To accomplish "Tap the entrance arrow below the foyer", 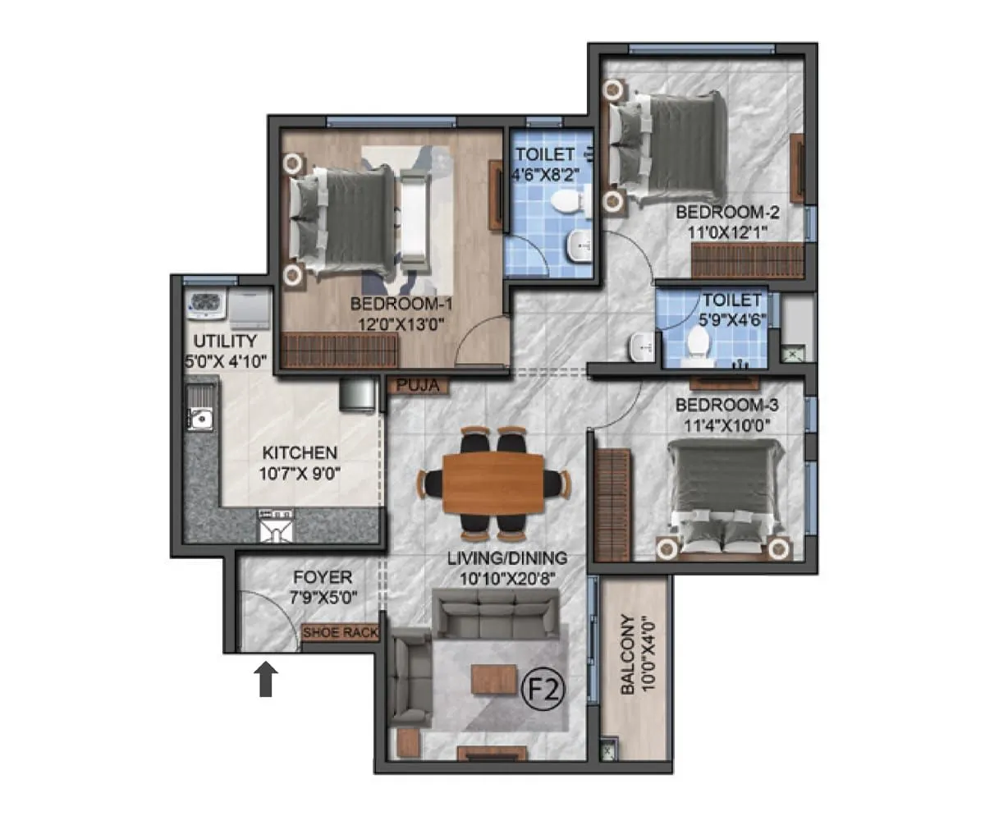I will (266, 681).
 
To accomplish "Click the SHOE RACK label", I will (340, 633).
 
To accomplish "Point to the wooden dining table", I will (493, 482).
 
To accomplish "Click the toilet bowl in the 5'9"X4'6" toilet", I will (699, 343).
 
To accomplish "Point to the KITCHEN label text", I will (299, 453).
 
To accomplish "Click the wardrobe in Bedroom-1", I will (339, 351).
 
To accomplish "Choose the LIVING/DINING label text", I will (506, 559).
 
